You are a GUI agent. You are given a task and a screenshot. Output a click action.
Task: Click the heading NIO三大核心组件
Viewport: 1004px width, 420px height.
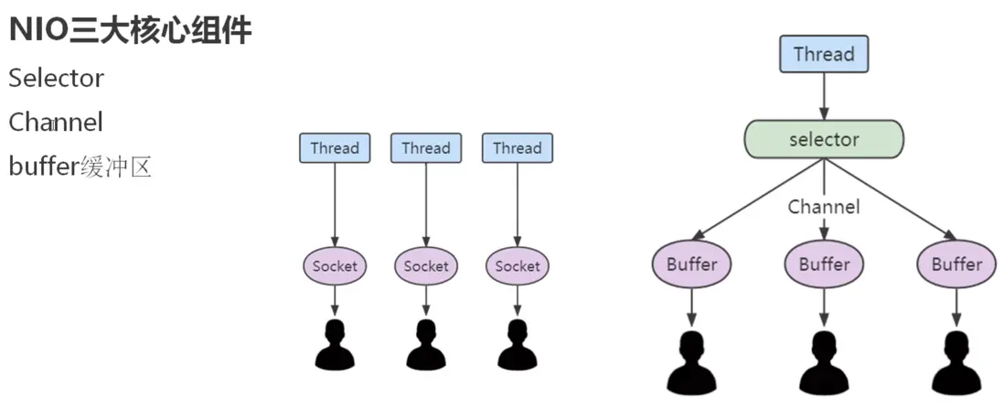point(130,31)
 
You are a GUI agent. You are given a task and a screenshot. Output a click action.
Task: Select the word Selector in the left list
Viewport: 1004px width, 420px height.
point(57,79)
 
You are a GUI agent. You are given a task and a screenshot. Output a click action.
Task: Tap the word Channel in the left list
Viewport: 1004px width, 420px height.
point(56,122)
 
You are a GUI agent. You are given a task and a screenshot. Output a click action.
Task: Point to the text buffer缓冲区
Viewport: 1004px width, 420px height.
point(80,167)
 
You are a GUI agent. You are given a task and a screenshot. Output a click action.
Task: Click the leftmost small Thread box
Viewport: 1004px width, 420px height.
point(335,148)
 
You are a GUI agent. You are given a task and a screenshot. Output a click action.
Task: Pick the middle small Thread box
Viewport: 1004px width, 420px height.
point(426,148)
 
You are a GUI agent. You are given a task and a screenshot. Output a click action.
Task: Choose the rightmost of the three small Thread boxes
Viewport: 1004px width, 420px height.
point(518,148)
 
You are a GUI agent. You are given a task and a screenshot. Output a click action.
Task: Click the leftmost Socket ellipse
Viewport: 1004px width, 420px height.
point(335,266)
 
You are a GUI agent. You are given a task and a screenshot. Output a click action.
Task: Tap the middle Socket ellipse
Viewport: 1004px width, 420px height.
point(426,266)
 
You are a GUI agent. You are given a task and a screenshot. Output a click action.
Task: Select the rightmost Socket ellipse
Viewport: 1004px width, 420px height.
point(518,266)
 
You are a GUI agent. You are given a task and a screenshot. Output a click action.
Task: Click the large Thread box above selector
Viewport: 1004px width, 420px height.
point(824,55)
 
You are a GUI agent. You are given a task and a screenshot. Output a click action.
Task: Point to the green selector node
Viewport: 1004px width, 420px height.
point(824,140)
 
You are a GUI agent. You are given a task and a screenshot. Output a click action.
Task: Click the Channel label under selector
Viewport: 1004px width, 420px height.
point(824,208)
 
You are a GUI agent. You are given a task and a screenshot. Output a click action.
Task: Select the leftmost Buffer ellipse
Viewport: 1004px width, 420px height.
point(692,264)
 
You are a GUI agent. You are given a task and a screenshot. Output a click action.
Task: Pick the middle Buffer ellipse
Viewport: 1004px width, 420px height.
point(825,264)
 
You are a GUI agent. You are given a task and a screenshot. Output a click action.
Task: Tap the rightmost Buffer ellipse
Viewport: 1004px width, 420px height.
point(956,264)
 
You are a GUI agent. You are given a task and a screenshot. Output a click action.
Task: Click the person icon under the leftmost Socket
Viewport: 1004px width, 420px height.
point(335,346)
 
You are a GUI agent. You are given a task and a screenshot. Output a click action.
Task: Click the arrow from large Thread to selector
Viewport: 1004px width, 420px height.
point(824,96)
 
